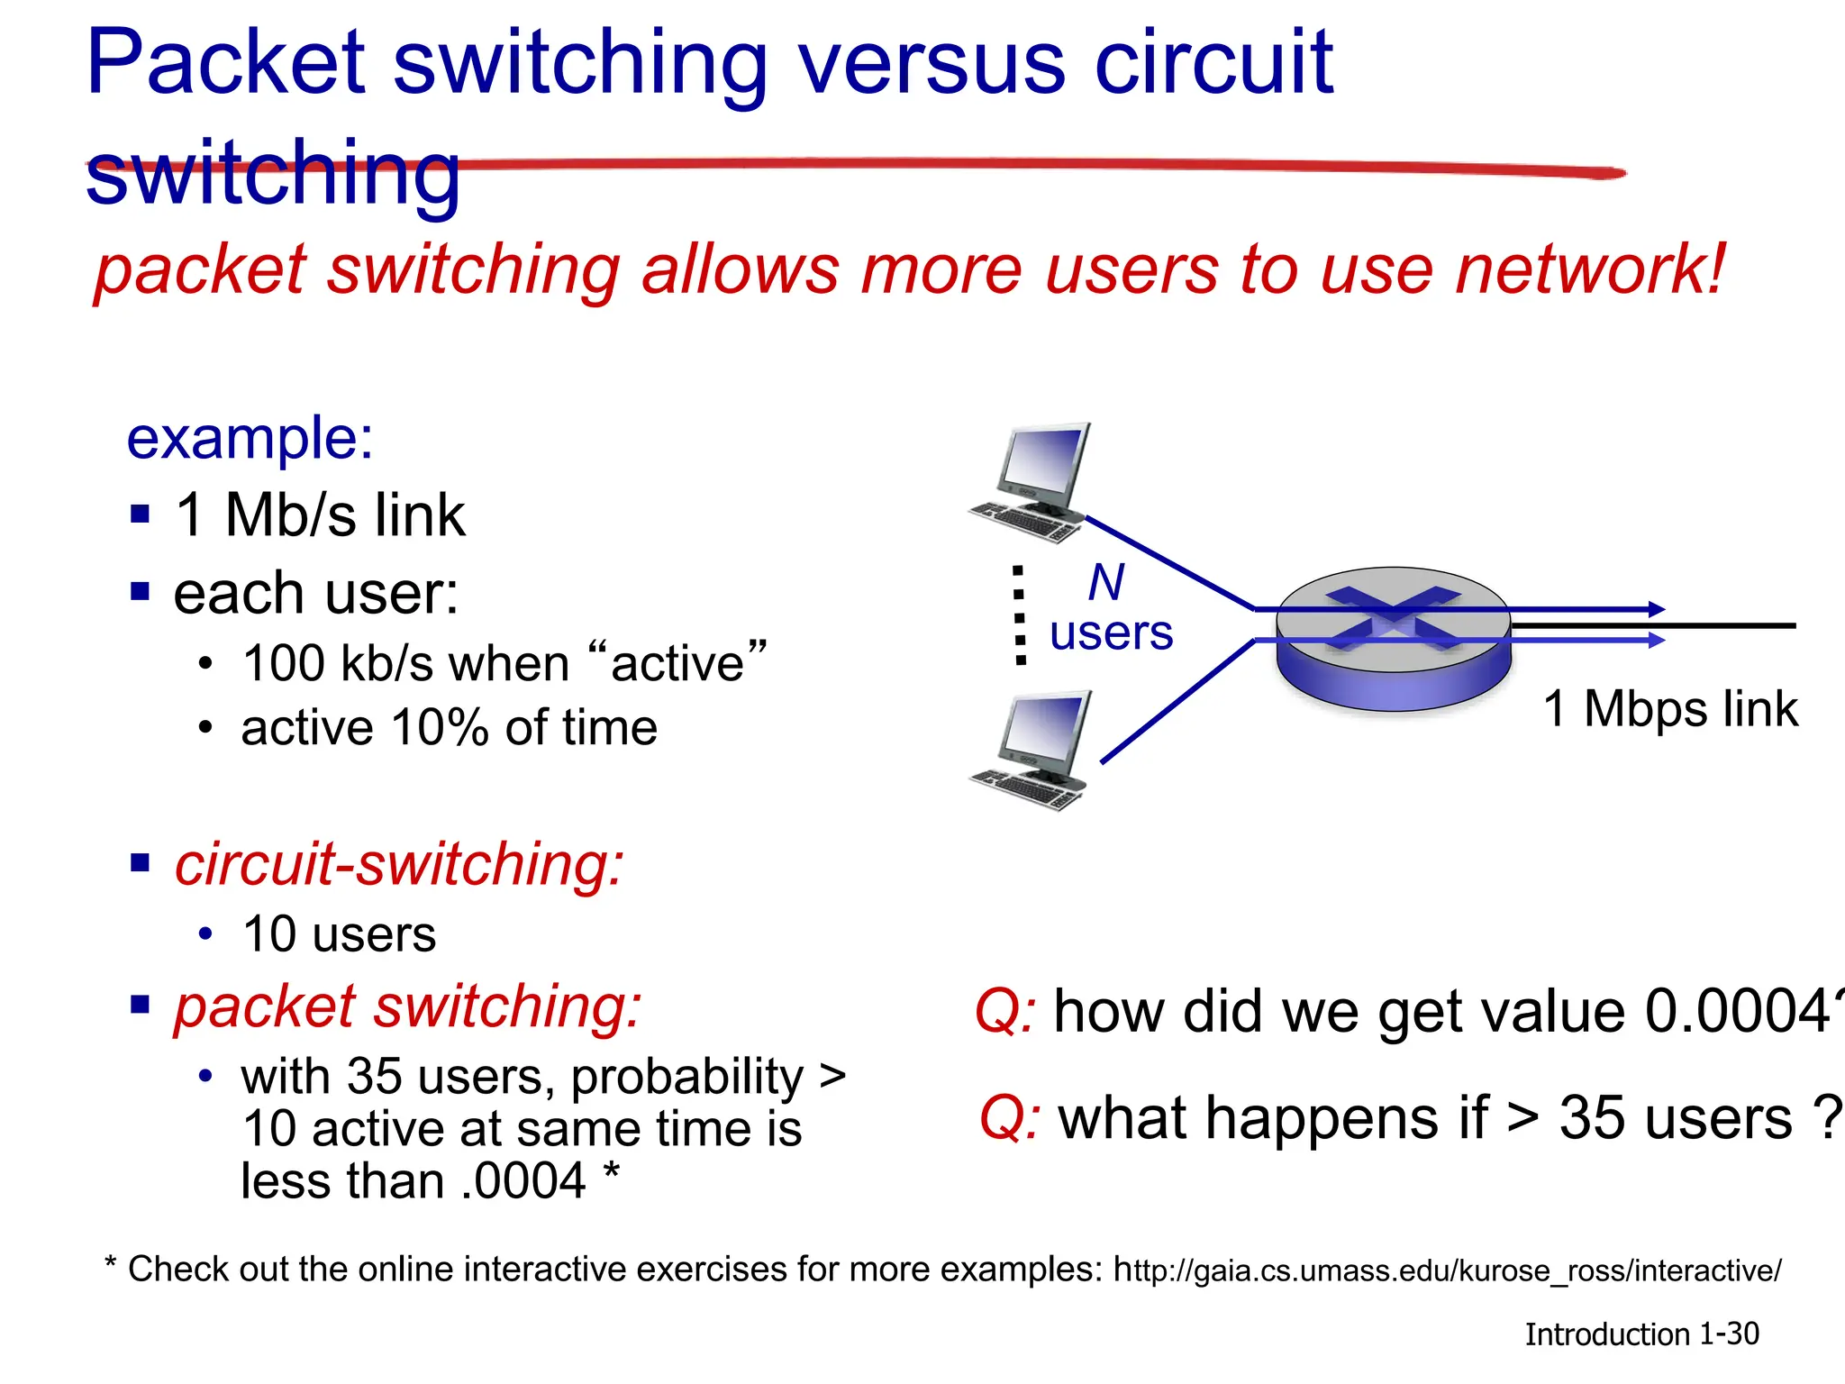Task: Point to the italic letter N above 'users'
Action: click(x=1106, y=582)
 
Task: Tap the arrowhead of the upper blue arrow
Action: click(x=1656, y=609)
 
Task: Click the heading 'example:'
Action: click(x=250, y=439)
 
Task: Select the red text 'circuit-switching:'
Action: click(x=398, y=864)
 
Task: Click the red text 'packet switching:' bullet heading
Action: click(x=407, y=1006)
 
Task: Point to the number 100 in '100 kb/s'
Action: click(x=284, y=663)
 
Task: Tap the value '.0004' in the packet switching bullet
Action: click(x=523, y=1180)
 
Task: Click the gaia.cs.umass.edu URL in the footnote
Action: click(x=1447, y=1270)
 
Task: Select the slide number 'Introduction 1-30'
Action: click(x=1641, y=1334)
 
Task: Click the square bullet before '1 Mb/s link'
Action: click(x=140, y=514)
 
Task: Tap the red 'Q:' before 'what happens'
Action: click(x=1009, y=1118)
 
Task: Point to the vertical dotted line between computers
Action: click(x=1020, y=616)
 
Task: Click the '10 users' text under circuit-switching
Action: click(x=339, y=934)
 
